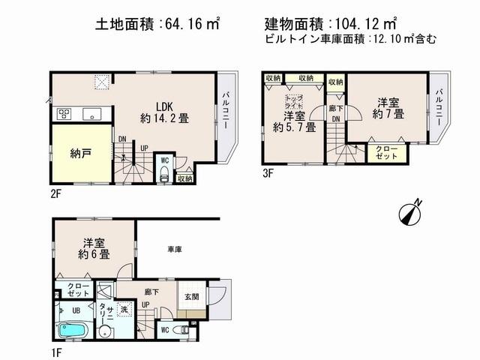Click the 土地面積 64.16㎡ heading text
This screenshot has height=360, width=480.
[157, 25]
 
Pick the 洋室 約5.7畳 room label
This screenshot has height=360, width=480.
[294, 121]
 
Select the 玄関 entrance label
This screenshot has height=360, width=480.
[191, 296]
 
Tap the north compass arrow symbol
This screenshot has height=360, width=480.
[411, 210]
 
